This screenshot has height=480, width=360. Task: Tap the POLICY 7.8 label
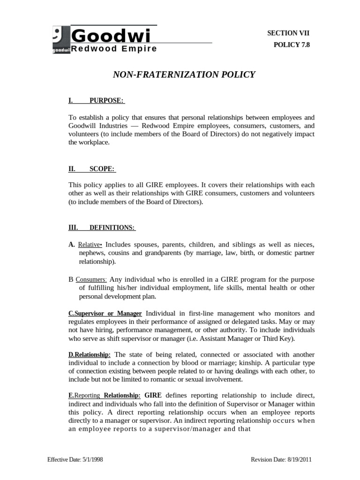point(292,45)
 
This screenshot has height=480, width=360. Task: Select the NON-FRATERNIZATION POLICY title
point(184,75)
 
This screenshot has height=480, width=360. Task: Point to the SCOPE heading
point(102,169)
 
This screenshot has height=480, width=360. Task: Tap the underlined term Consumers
point(91,279)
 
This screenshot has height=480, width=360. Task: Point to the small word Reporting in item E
point(87,396)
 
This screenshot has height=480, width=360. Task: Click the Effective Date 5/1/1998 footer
point(75,459)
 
